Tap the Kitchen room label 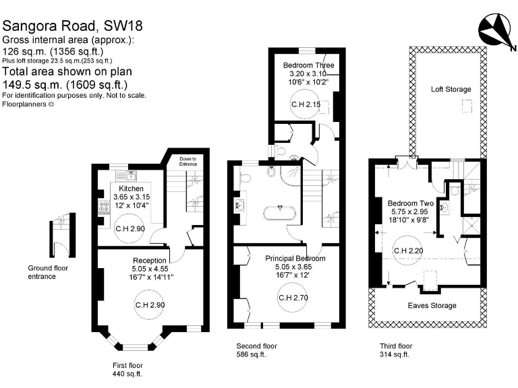coord(131,189)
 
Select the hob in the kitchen coord(104,207)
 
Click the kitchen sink coord(126,175)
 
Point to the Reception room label coord(150,261)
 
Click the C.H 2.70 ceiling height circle coord(293,298)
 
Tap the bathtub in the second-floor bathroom coord(279,213)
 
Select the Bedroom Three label coord(308,65)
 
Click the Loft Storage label coord(451,89)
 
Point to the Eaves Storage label coord(432,306)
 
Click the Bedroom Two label coord(411,203)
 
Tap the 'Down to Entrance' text coord(188,162)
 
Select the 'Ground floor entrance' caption coord(48,272)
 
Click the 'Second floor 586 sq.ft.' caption coord(257,350)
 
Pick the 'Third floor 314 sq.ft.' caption coord(396,350)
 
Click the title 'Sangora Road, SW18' coord(73,26)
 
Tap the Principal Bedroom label coord(295,259)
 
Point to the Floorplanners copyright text coord(28,104)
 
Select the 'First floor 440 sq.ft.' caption coord(127,370)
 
